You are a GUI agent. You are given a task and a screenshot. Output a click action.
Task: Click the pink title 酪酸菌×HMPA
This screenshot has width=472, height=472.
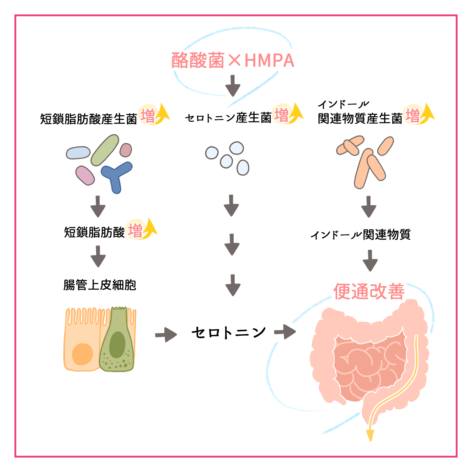[x=233, y=61]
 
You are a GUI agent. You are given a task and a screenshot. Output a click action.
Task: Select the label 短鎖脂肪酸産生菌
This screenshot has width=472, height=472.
[x=89, y=119]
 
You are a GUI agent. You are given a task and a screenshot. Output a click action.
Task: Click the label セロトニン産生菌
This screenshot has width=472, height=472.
[x=228, y=118]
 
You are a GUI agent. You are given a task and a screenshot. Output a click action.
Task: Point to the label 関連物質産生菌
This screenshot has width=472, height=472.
[x=360, y=119]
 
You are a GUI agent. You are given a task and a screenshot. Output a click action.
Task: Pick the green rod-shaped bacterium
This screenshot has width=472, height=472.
[x=105, y=150]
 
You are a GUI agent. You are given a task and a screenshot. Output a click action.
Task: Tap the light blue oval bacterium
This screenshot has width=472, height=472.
[x=78, y=153]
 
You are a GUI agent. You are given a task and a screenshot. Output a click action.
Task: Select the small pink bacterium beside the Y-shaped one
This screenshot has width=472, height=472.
[x=85, y=175]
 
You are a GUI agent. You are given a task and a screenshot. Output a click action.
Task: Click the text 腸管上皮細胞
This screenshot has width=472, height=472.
[x=100, y=285]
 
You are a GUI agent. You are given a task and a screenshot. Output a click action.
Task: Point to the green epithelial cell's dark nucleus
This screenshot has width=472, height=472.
[x=117, y=345]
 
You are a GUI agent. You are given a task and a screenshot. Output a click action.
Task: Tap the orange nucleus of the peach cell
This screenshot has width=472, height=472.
[x=82, y=354]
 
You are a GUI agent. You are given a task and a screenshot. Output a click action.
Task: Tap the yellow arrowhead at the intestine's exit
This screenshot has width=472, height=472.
[x=370, y=435]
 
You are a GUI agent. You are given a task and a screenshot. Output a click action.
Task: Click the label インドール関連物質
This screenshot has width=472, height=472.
[x=360, y=235]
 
